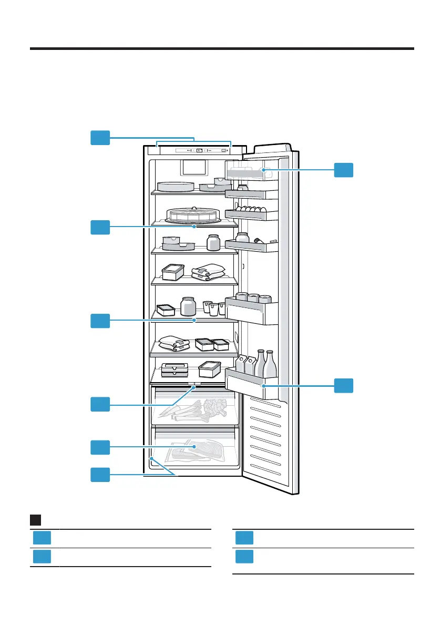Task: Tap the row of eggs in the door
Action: point(249,209)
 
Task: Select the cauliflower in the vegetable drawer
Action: point(214,407)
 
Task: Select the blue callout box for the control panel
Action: point(99,138)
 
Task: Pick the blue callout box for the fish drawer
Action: point(99,447)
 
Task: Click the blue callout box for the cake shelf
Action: point(99,227)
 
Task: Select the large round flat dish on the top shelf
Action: point(175,187)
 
